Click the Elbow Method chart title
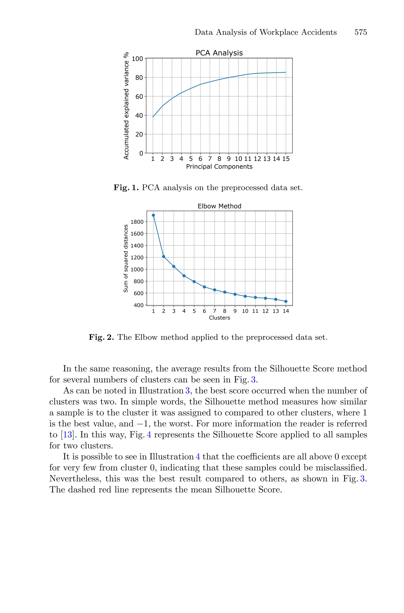pos(219,206)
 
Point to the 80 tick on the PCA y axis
pos(139,78)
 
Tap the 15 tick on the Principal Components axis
pos(286,159)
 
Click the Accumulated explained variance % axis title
pos(126,106)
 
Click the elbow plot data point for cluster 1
pos(153,215)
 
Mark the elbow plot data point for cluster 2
pos(164,256)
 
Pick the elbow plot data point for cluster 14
pos(286,301)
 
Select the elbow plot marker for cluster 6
pos(204,287)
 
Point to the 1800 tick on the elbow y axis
pos(137,222)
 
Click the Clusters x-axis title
pos(219,318)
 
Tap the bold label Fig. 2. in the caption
pos(101,337)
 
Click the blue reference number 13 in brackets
pos(67,435)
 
